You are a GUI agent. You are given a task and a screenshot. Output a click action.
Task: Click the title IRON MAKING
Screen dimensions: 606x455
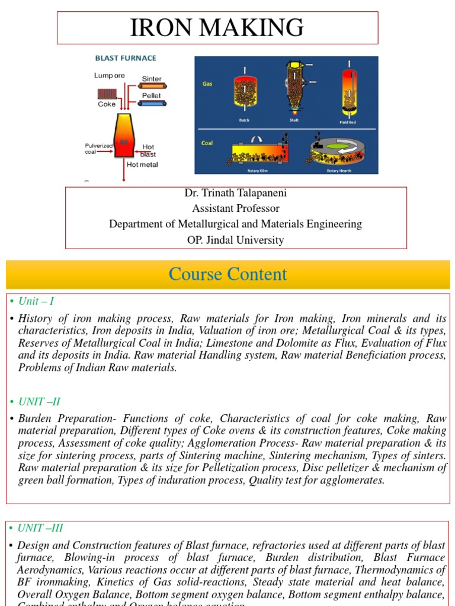(217, 27)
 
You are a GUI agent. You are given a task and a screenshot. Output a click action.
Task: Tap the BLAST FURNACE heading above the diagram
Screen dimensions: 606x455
(126, 58)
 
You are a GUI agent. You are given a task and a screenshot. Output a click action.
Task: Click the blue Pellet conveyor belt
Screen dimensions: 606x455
(152, 103)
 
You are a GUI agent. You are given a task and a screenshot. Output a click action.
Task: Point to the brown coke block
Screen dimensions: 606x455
(108, 94)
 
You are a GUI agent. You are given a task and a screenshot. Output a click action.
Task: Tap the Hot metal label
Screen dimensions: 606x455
(142, 165)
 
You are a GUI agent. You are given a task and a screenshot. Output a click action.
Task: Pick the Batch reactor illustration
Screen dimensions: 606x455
(244, 95)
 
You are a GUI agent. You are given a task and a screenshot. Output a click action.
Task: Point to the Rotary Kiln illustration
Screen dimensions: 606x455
(257, 153)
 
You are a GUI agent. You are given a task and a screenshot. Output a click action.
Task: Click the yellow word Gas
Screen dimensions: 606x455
(207, 84)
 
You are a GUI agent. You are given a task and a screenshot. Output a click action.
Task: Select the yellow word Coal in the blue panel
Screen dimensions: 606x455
(208, 142)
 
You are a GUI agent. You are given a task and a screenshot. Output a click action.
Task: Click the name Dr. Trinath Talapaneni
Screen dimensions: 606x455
(235, 194)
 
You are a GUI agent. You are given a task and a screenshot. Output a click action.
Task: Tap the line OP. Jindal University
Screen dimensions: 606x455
(235, 240)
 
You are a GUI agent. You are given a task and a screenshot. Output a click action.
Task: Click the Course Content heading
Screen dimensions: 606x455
(227, 274)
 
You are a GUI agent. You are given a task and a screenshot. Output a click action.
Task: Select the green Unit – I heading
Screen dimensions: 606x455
(36, 301)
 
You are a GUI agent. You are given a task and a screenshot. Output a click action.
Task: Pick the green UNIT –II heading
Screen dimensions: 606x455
(39, 401)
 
